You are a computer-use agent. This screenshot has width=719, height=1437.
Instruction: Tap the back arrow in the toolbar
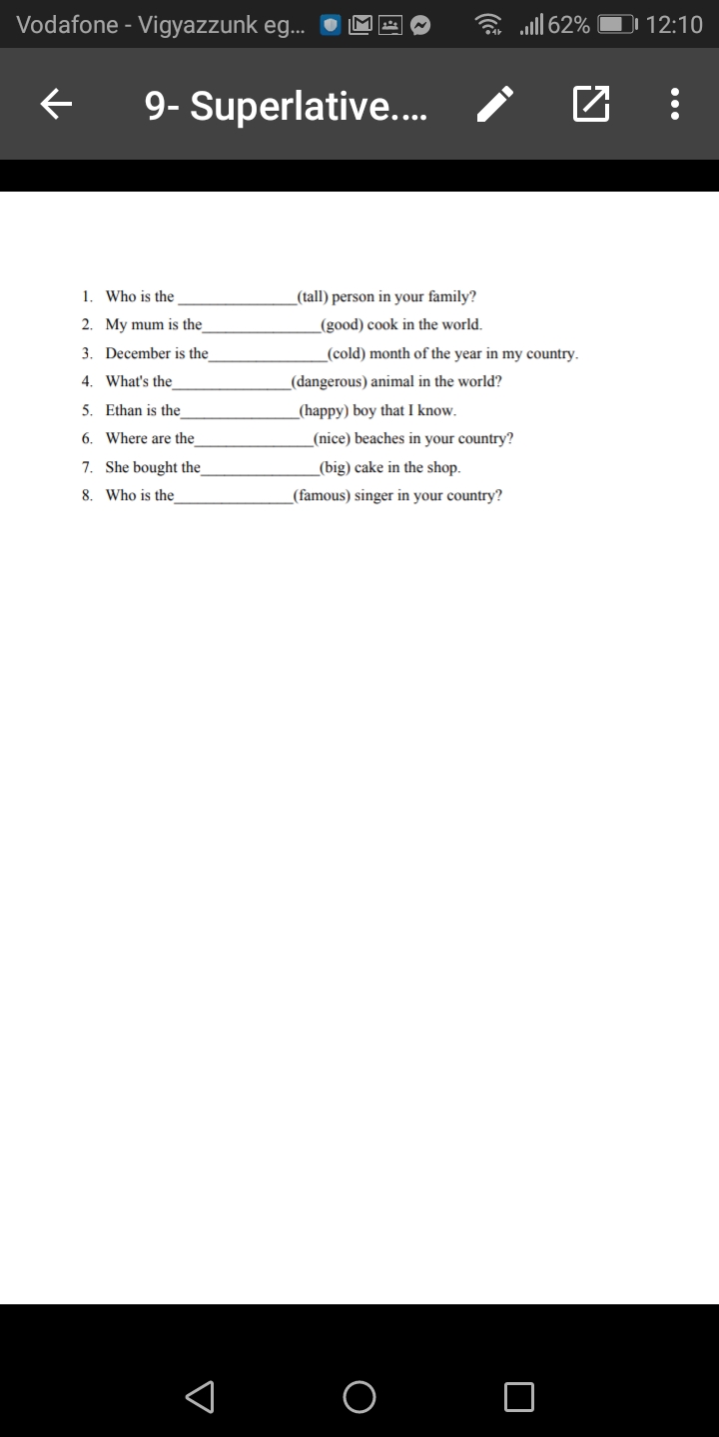tap(58, 103)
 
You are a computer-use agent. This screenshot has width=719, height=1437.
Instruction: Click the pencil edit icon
tap(496, 103)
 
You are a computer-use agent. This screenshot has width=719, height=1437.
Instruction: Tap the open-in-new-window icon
tap(590, 103)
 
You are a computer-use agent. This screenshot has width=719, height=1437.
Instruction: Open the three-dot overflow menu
tap(675, 103)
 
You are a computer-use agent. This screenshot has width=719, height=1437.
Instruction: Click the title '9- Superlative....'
tap(286, 105)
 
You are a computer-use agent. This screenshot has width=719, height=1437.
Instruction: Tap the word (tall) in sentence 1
tap(312, 296)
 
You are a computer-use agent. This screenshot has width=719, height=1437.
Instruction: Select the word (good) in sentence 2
tap(341, 324)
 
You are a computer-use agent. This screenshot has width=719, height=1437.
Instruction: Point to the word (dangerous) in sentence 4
tap(329, 381)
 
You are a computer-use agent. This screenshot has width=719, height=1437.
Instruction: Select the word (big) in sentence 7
tap(334, 467)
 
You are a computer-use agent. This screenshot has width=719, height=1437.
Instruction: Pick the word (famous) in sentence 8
tap(322, 495)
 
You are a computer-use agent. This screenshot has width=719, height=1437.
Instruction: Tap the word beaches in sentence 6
tap(379, 438)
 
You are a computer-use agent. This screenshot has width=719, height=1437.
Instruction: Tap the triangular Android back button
tap(201, 1396)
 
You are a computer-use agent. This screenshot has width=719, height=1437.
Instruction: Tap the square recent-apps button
tap(518, 1396)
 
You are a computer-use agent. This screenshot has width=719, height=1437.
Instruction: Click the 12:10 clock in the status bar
tap(674, 25)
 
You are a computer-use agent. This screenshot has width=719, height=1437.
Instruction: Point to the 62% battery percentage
tap(568, 25)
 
